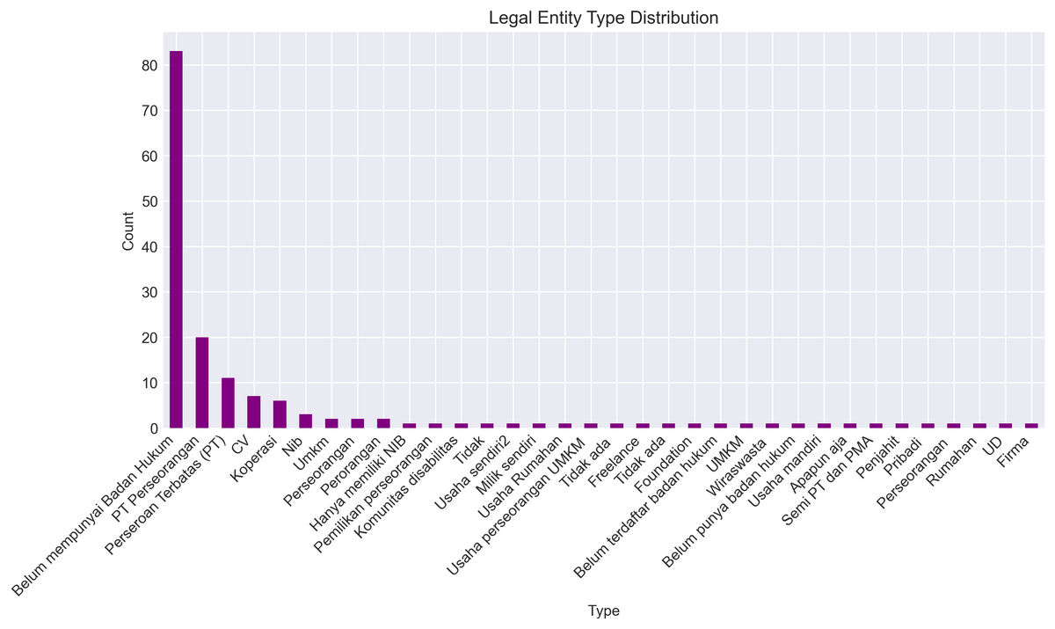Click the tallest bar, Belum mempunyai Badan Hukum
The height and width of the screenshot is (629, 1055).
176,239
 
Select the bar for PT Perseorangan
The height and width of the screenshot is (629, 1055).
202,383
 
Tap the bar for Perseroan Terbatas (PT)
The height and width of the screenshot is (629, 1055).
228,403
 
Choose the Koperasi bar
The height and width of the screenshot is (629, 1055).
280,414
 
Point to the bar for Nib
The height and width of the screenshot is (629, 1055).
306,421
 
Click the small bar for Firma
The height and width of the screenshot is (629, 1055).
1032,426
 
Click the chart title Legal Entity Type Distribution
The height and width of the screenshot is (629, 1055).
603,18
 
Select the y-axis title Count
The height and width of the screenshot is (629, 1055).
128,231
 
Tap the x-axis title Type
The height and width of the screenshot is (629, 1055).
603,611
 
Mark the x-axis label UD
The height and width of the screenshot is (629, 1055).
993,443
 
